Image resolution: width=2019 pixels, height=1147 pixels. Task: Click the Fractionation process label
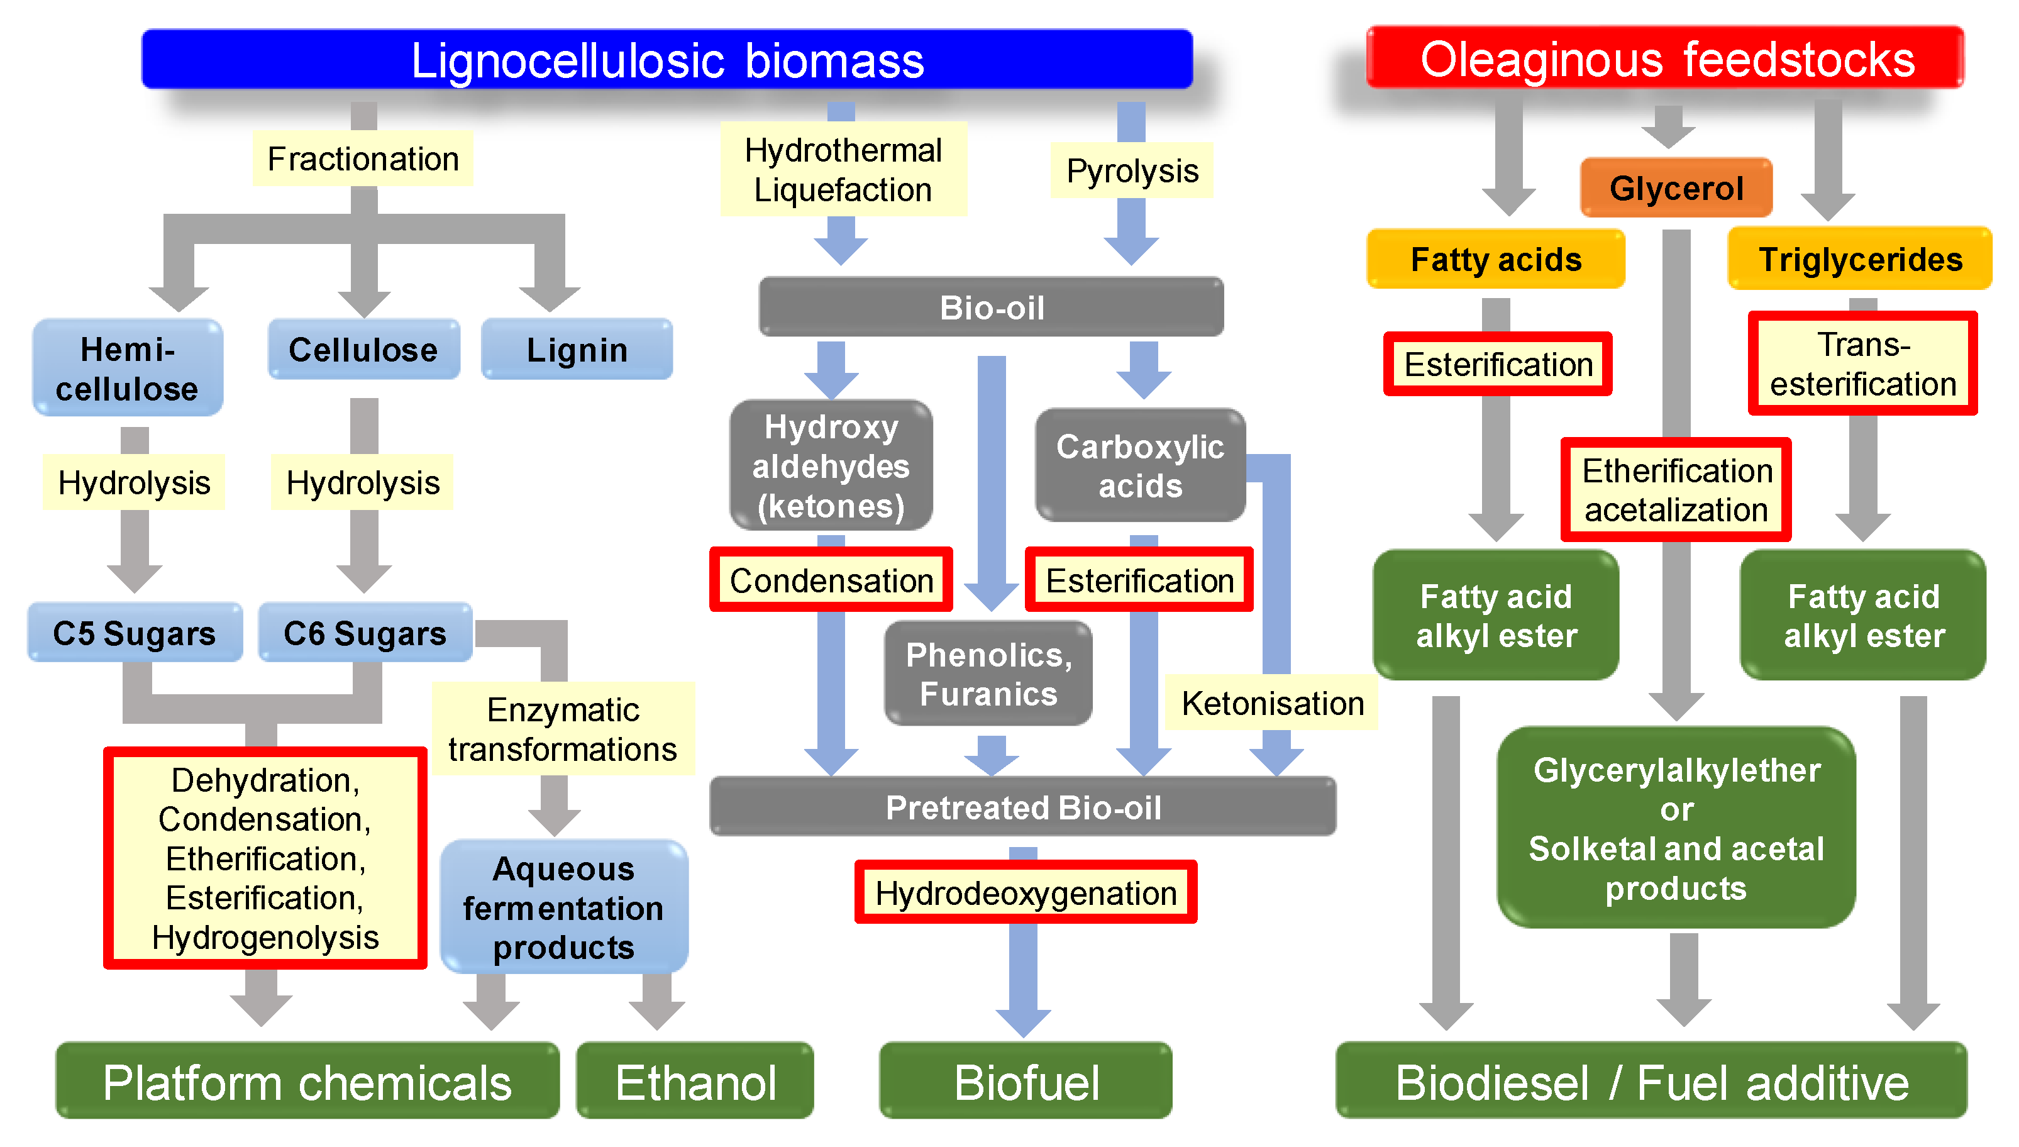pos(362,159)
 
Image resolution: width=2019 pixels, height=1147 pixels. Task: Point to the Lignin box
pos(577,350)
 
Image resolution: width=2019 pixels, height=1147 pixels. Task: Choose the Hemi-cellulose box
pos(127,368)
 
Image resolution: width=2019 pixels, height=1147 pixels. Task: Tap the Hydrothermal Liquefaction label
pos(843,169)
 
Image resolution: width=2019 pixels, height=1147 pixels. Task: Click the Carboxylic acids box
pos(1139,465)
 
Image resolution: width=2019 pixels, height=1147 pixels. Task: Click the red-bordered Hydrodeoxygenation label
pos(1026,892)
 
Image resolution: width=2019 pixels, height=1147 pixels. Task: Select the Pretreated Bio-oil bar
pos(1022,807)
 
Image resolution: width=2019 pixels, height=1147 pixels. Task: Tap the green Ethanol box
pos(695,1082)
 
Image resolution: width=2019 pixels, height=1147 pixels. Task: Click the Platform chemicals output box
pos(307,1082)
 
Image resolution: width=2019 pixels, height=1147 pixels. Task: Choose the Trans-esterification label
pos(1862,364)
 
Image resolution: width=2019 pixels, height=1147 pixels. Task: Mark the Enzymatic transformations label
pos(562,729)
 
